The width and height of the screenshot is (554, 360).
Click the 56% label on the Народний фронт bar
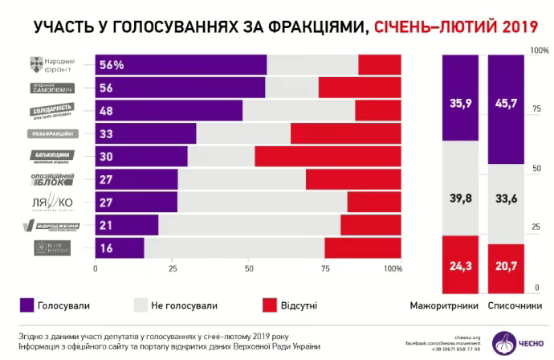112,65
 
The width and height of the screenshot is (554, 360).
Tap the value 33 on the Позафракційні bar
107,133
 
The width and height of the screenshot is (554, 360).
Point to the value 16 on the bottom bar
107,248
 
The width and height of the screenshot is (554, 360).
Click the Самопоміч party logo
54,88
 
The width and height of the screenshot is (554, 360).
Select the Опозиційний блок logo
54,179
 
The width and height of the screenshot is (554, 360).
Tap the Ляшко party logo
54,202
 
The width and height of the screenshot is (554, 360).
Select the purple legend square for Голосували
26,305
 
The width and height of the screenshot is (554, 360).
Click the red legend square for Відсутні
270,305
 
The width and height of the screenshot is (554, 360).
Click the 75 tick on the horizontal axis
324,269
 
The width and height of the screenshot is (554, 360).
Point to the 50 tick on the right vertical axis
535,168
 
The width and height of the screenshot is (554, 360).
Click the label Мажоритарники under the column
444,306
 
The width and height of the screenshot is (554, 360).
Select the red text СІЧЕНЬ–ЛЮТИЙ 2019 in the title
453,27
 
